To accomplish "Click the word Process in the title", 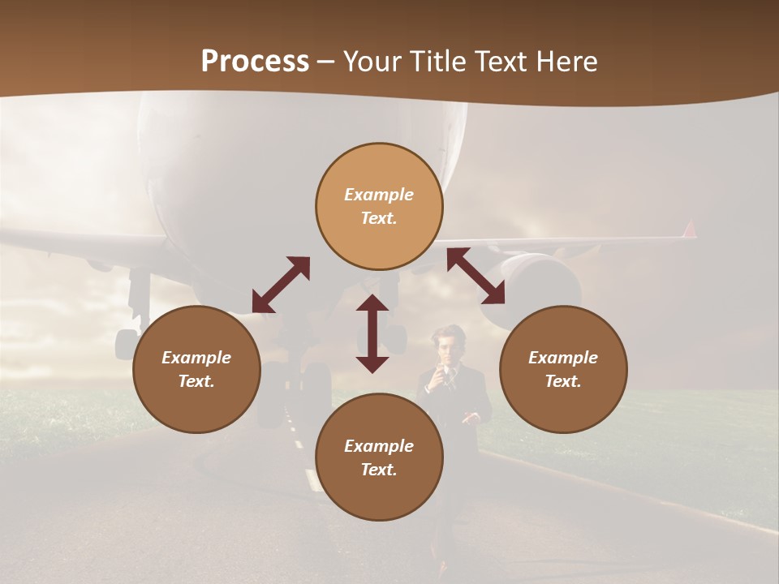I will coord(255,62).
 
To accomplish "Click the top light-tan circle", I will coord(379,206).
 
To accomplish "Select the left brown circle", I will coord(196,369).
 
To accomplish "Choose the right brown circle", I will coord(563,369).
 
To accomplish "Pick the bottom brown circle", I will coord(379,457).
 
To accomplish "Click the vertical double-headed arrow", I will coord(372,333).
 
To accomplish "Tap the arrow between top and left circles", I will coord(281,285).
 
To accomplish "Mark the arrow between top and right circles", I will coord(476,276).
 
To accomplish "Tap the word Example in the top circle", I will coord(379,195).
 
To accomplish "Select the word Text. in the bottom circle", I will coord(379,470).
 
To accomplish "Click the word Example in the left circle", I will coord(196,358).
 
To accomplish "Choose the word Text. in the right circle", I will coord(563,381).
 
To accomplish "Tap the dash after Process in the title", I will coord(326,62).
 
